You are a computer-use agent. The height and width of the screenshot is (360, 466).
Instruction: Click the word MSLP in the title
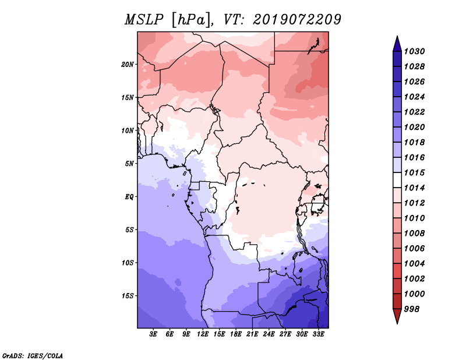point(144,20)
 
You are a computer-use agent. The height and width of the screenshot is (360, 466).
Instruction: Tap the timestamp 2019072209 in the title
point(297,20)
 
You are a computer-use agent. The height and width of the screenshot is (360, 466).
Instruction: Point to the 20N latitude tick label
point(128,65)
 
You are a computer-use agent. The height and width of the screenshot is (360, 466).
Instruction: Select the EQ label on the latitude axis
point(129,197)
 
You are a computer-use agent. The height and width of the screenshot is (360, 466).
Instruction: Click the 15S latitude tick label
point(128,296)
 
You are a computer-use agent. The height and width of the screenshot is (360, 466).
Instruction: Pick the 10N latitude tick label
point(128,130)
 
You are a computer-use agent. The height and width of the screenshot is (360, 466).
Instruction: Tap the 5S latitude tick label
point(129,230)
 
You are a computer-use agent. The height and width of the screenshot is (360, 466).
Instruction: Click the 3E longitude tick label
point(153,334)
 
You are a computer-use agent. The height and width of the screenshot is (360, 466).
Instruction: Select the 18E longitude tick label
point(236,334)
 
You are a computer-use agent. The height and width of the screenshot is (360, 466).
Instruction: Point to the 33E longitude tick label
point(318,334)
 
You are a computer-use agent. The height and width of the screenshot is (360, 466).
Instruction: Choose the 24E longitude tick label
point(269,334)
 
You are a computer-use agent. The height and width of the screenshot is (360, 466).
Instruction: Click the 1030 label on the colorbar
point(414,51)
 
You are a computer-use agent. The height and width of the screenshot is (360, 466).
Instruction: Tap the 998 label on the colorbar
point(412,309)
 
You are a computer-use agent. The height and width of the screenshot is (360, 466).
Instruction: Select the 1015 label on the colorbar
point(414,172)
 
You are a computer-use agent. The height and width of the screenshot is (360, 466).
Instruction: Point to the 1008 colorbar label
point(414,234)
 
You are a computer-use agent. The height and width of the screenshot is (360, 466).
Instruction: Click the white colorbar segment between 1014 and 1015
point(397,180)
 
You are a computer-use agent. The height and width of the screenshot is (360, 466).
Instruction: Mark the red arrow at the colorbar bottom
point(397,316)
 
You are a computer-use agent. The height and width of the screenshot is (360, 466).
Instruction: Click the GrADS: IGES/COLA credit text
point(33,355)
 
